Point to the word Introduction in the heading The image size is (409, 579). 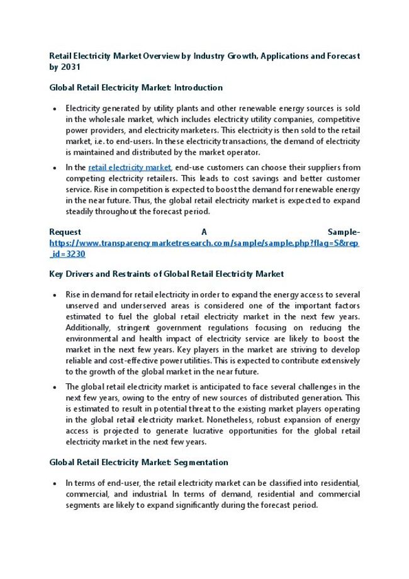(x=198, y=87)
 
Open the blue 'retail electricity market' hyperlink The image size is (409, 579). (x=130, y=167)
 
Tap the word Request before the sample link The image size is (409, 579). (x=65, y=232)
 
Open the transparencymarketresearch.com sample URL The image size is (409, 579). (x=204, y=243)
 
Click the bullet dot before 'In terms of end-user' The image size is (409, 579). (x=56, y=483)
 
